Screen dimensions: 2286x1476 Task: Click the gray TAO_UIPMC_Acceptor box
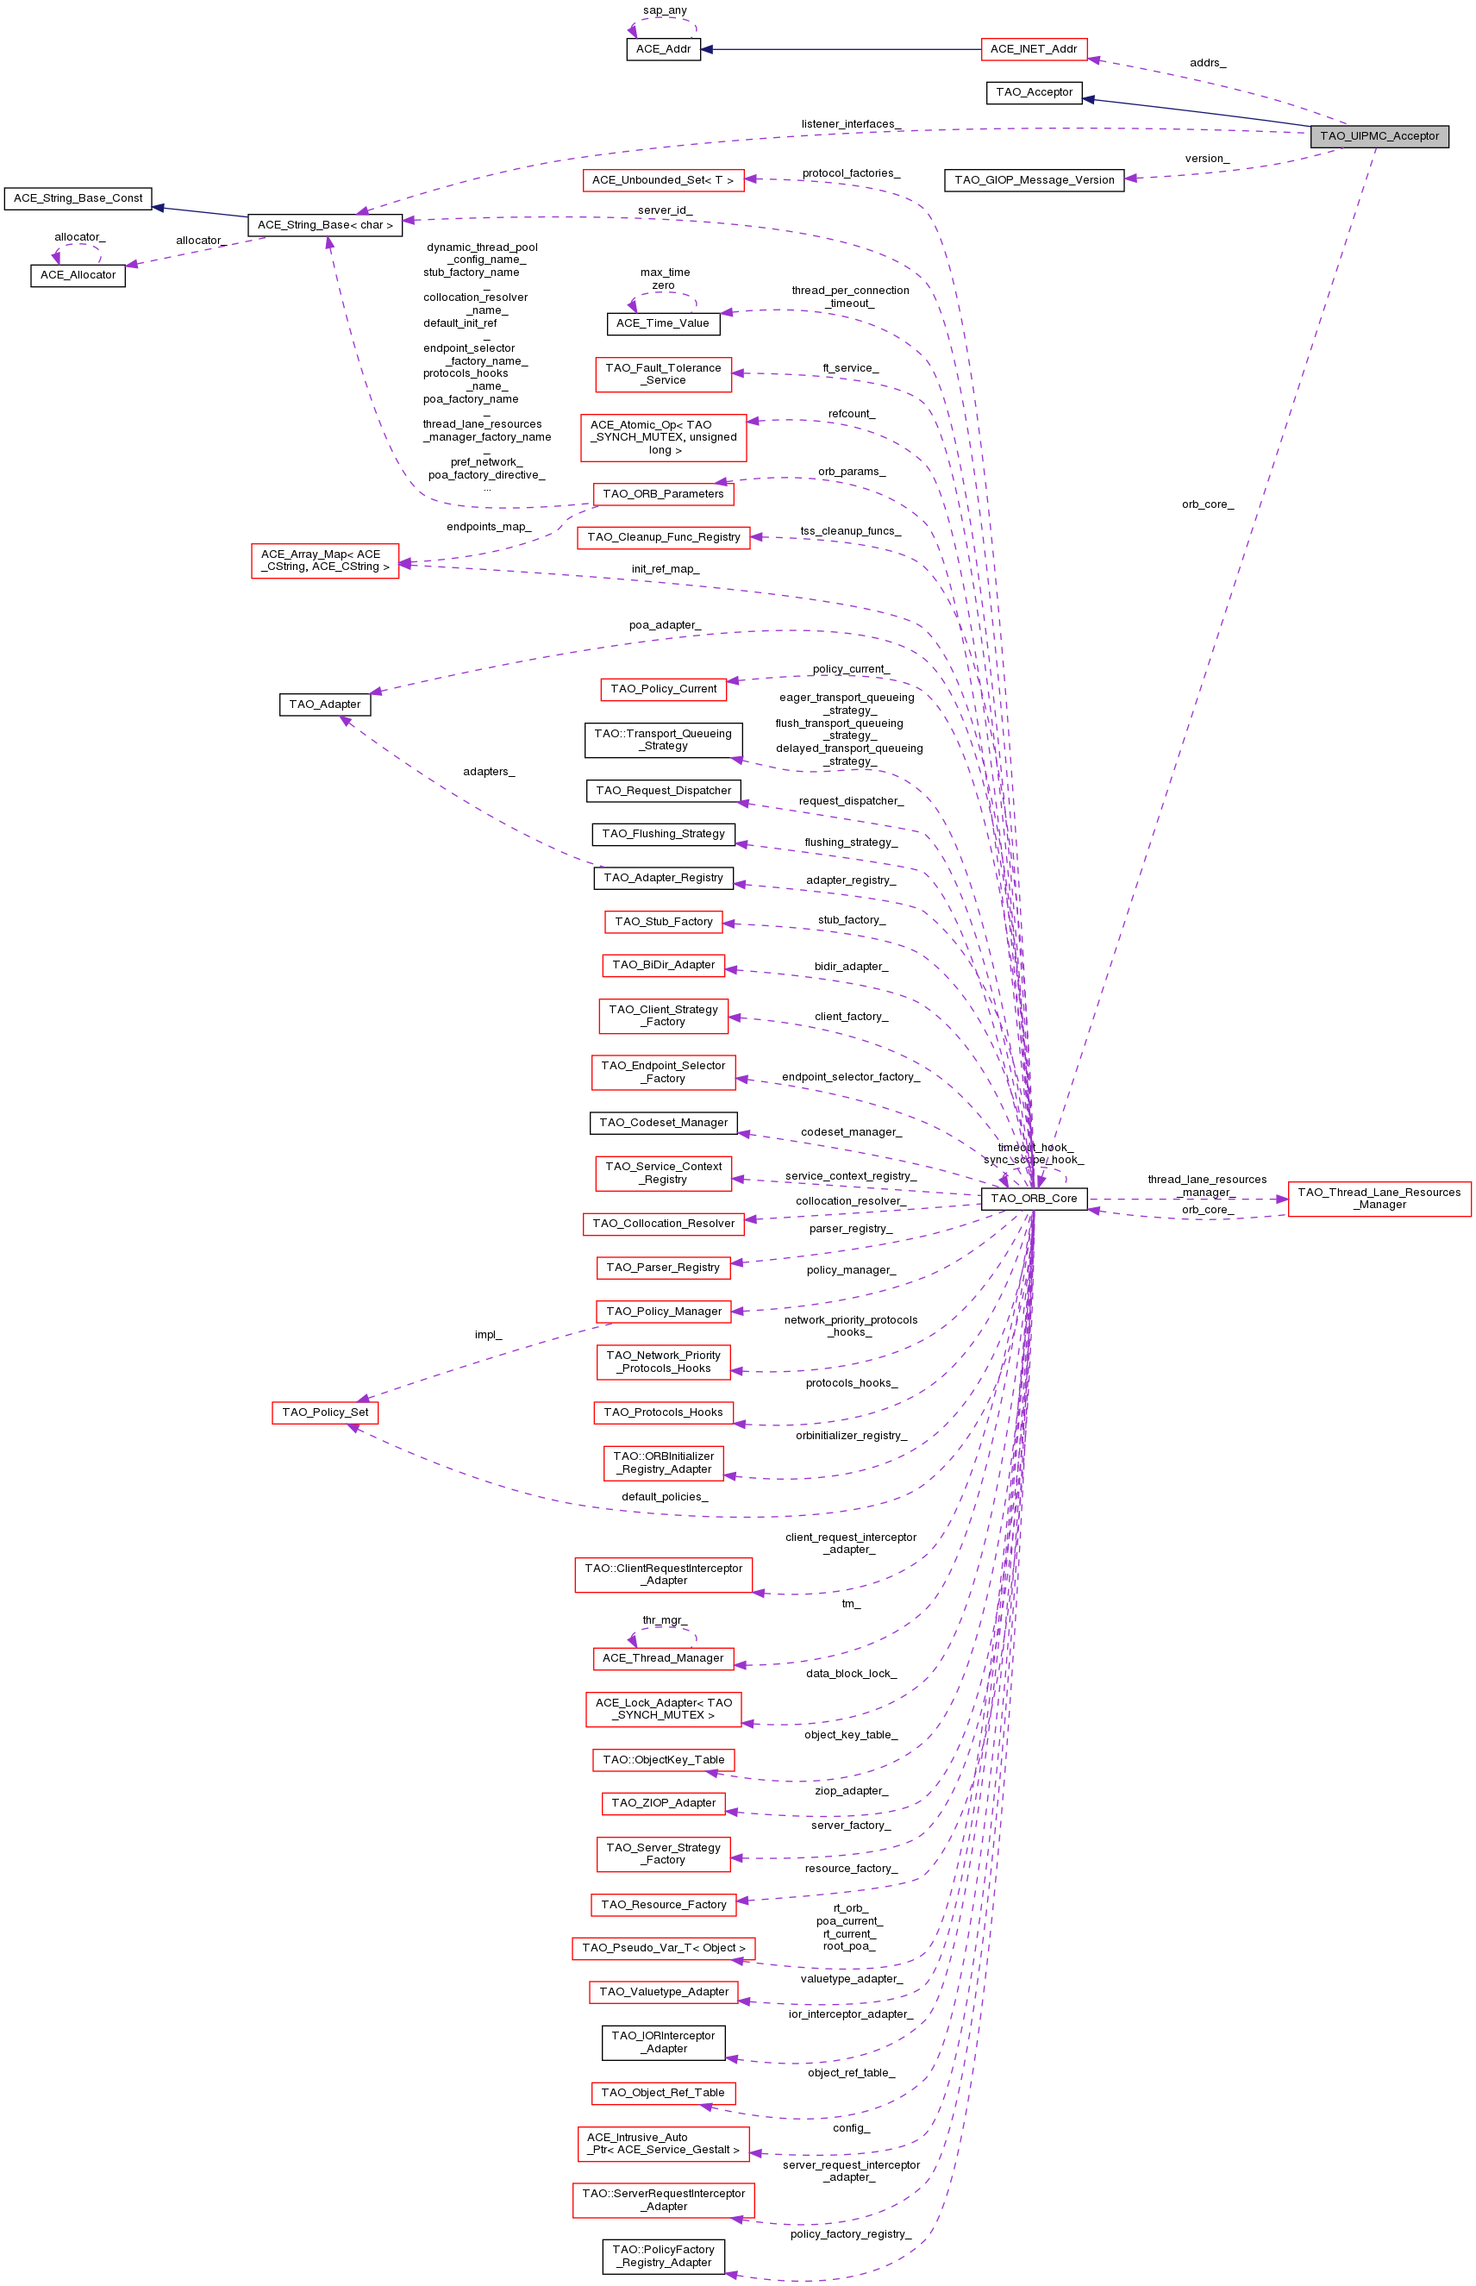(x=1379, y=136)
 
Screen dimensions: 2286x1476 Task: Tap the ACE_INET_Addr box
(x=1033, y=49)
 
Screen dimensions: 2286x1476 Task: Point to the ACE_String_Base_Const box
(x=78, y=198)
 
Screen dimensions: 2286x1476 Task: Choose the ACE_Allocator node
(x=78, y=275)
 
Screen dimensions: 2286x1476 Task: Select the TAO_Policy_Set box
(x=325, y=1412)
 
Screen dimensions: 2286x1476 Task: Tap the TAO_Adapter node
(x=325, y=705)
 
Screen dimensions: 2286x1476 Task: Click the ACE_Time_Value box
(x=662, y=323)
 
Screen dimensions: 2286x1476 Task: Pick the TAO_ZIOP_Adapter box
(x=663, y=1803)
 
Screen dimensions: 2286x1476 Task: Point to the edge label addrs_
(x=1208, y=63)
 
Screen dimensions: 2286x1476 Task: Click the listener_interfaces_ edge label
(x=851, y=123)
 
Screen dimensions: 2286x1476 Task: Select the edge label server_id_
(x=664, y=210)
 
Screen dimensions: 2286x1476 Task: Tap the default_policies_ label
(x=664, y=1496)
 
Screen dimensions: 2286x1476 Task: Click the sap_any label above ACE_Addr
(x=664, y=10)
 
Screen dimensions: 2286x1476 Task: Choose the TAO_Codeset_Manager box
(x=663, y=1123)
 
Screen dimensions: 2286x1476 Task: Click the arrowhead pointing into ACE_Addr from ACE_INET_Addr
(x=707, y=49)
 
